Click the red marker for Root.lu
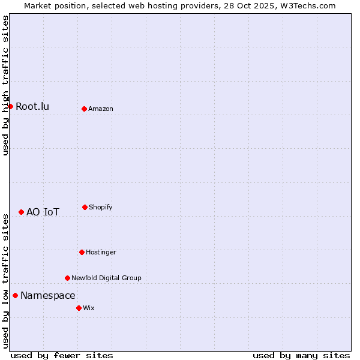[x=10, y=106]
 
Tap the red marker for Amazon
[x=84, y=109]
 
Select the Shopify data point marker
[x=85, y=207]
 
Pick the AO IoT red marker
[x=21, y=212]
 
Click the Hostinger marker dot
[x=82, y=252]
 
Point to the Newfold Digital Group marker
[x=67, y=278]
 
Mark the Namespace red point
[x=15, y=295]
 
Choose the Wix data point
[x=79, y=308]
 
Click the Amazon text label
[x=101, y=109]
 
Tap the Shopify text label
[x=101, y=207]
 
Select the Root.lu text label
[x=32, y=107]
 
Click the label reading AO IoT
[x=43, y=212]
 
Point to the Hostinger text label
[x=101, y=252]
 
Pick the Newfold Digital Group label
[x=106, y=278]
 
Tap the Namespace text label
[x=48, y=295]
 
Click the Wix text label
[x=89, y=308]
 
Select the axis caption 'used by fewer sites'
[x=62, y=355]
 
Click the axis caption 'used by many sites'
[x=301, y=355]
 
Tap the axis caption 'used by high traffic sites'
[x=5, y=85]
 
